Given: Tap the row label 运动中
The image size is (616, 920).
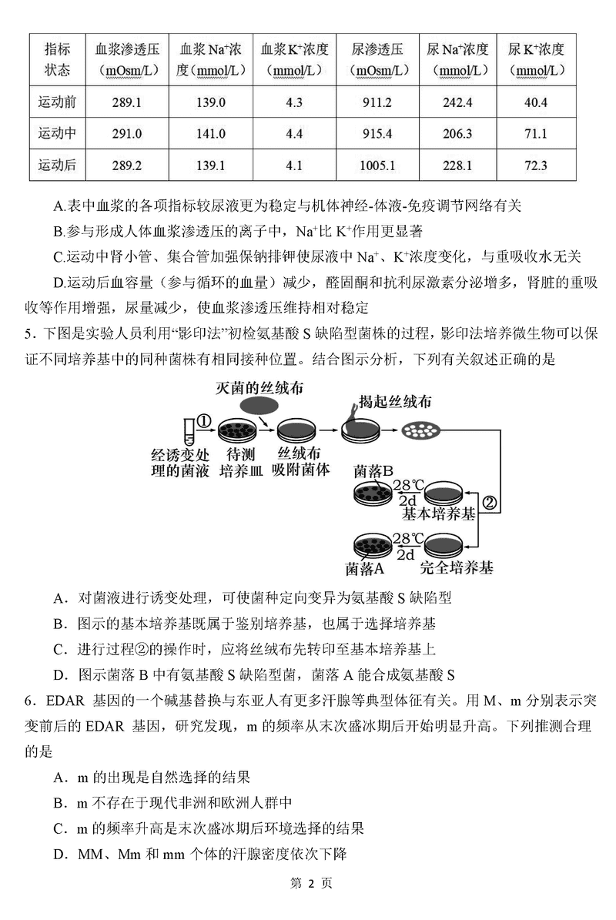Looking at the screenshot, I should tap(57, 133).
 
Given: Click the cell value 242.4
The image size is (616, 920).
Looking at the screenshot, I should tap(458, 102).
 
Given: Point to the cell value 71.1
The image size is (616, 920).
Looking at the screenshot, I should tap(535, 133).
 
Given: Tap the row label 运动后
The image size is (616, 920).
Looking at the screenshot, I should tap(57, 165).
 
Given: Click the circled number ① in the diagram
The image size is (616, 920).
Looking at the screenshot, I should tap(205, 421).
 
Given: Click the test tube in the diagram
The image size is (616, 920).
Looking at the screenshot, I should tap(187, 428).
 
